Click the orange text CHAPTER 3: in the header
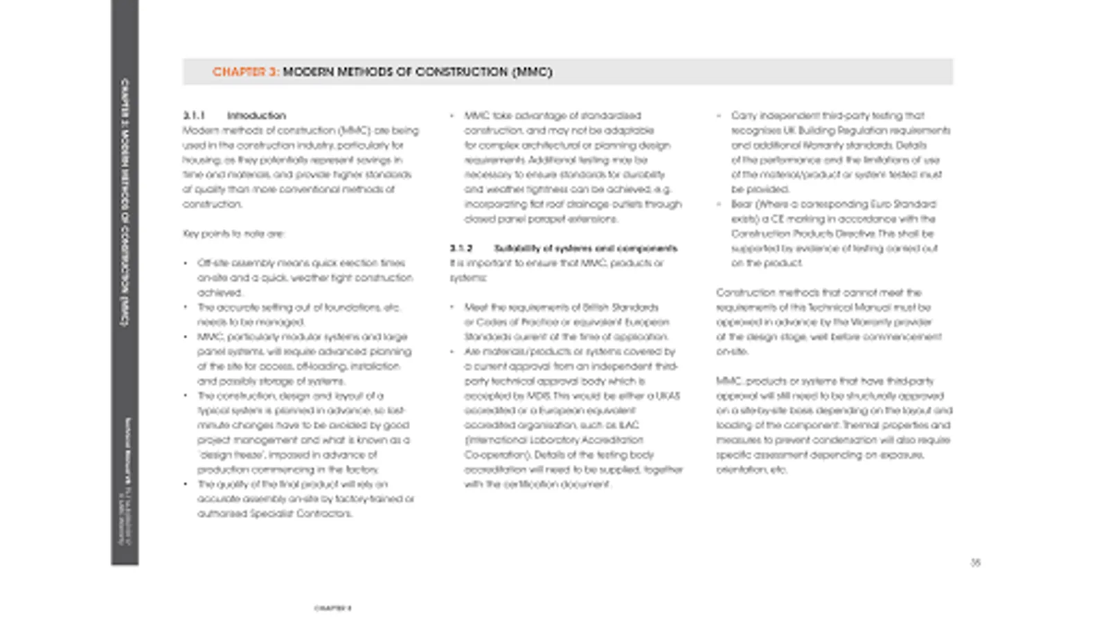tap(246, 72)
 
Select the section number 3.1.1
tap(194, 116)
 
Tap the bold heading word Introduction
tap(256, 116)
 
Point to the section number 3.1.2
tap(461, 248)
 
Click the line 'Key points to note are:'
tap(233, 233)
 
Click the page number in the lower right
tap(975, 563)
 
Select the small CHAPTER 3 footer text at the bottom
tap(332, 608)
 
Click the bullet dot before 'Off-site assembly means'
tap(186, 263)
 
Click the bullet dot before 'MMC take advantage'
tap(452, 116)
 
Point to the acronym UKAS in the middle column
tap(668, 395)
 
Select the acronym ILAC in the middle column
tap(628, 425)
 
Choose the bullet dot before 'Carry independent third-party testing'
tap(720, 116)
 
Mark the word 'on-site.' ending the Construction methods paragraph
tap(732, 352)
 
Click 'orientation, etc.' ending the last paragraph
tap(751, 469)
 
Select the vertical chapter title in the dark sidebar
tap(125, 201)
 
